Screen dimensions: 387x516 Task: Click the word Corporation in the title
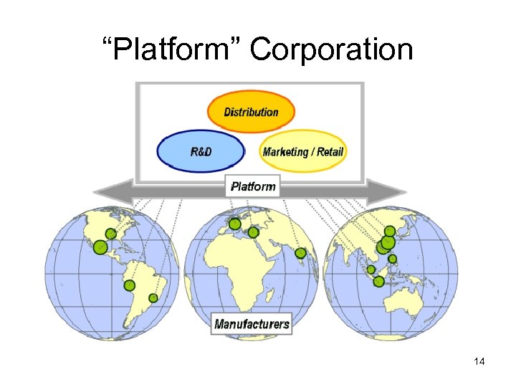[x=332, y=50]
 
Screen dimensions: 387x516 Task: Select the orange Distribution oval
[x=251, y=112]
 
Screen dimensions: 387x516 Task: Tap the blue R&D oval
[x=201, y=151]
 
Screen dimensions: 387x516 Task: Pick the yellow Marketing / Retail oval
[x=303, y=151]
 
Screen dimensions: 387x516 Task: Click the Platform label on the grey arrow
[x=253, y=186]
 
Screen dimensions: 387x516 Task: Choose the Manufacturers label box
[x=252, y=323]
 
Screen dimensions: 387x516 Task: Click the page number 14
[x=479, y=362]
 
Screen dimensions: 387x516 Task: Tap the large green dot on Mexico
[x=100, y=247]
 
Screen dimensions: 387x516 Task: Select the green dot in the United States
[x=111, y=234]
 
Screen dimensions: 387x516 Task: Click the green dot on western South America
[x=129, y=285]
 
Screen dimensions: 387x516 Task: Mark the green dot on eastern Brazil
[x=153, y=297]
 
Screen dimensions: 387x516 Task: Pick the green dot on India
[x=300, y=253]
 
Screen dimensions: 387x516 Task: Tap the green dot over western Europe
[x=234, y=224]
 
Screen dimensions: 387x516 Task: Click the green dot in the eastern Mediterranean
[x=254, y=232]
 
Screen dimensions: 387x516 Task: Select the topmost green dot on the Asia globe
[x=389, y=231]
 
